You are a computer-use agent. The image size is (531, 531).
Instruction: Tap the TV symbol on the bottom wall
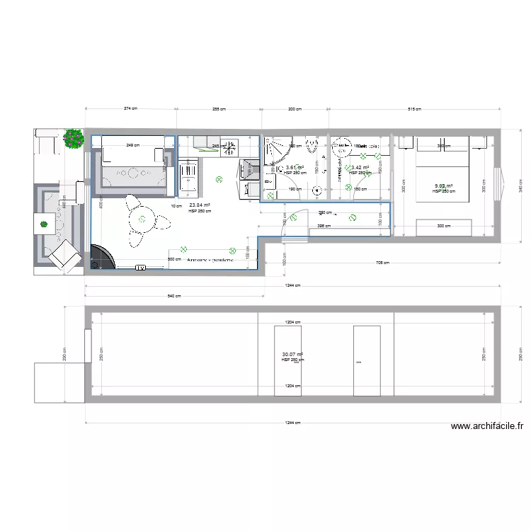click(140, 267)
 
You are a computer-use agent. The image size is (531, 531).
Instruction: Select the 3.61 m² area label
click(294, 168)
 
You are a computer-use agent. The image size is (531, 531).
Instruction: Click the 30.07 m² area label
click(292, 355)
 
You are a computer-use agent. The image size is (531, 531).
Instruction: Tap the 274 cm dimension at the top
click(130, 108)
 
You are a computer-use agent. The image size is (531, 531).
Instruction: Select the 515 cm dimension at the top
click(414, 109)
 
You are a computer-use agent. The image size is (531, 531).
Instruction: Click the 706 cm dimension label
click(383, 263)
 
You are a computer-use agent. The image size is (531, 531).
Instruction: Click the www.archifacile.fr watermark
click(486, 426)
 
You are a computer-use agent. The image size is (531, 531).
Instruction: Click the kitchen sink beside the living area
click(189, 176)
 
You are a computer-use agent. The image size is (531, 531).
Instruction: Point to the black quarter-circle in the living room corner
click(99, 257)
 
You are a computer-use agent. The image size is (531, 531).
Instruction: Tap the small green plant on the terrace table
click(44, 224)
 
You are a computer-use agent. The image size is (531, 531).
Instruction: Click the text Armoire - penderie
click(210, 260)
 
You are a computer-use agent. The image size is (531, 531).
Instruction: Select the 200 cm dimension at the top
click(294, 109)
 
